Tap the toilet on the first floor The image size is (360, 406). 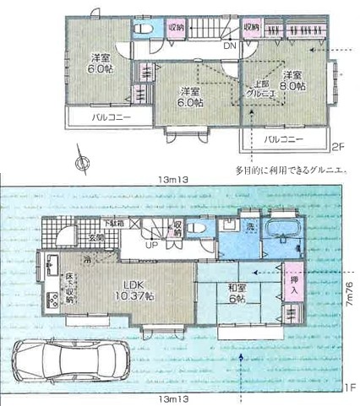[196, 229]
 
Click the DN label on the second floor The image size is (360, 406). [229, 47]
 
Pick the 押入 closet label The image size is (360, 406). [293, 285]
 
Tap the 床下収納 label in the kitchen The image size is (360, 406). [70, 288]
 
